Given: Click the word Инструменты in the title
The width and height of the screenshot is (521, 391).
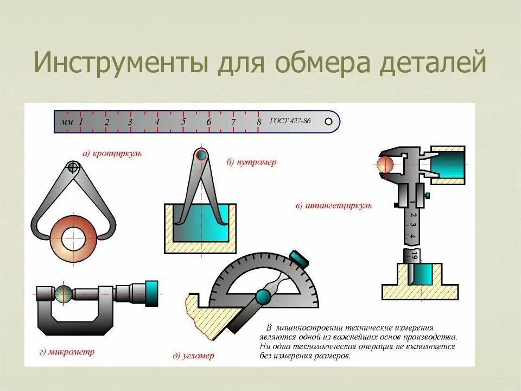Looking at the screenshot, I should [x=120, y=64].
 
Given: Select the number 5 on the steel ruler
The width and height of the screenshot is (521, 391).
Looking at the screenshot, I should [x=183, y=121].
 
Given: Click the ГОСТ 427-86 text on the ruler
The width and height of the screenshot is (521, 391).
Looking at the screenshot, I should [x=290, y=121].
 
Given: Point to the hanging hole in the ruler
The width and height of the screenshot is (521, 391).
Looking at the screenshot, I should [x=328, y=122].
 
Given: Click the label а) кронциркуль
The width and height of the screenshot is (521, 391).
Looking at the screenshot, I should [x=112, y=154].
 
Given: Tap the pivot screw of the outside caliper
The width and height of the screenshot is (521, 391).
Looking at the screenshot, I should [x=73, y=167].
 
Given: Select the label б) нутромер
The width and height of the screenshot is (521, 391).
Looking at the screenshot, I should [x=251, y=162].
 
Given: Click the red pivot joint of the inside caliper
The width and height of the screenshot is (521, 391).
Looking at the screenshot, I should [x=202, y=155].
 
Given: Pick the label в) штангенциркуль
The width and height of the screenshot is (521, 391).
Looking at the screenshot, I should [x=334, y=206].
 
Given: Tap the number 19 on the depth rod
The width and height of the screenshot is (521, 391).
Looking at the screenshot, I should [x=414, y=255].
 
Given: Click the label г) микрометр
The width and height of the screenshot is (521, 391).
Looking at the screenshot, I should [x=67, y=352].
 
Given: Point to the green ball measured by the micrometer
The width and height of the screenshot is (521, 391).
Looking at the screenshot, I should [x=63, y=294].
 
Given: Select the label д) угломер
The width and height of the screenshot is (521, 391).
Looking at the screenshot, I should [x=193, y=356].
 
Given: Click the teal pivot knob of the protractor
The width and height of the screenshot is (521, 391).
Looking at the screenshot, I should [x=263, y=297].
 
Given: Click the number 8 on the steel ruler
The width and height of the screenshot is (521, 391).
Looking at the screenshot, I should [x=259, y=121].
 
